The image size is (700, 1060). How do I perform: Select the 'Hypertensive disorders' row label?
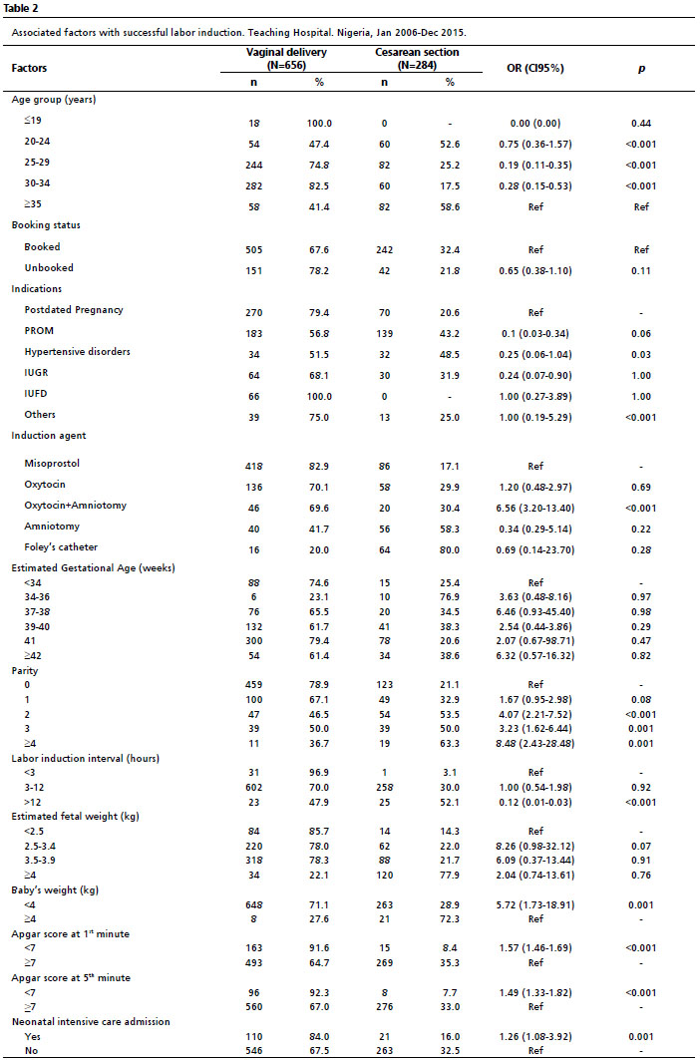coord(77,351)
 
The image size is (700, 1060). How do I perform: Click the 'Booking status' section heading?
coord(45,225)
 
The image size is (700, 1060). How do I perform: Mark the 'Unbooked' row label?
coord(49,268)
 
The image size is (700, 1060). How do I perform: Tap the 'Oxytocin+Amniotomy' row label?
coord(76,506)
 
